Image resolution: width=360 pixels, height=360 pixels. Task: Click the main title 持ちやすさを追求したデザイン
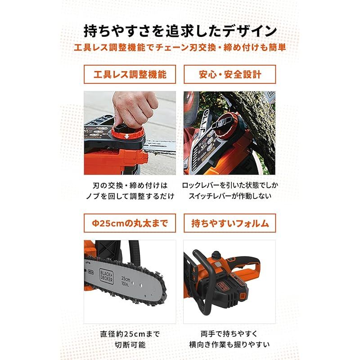pos(180,31)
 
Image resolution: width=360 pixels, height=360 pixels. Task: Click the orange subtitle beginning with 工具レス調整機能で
pos(180,47)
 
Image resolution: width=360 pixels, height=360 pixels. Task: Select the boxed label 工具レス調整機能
pos(130,74)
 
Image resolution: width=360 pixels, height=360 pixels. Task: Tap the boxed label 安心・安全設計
pos(229,74)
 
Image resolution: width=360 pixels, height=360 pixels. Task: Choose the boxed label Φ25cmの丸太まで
pos(130,222)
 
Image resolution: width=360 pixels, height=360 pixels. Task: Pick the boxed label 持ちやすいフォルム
pos(229,222)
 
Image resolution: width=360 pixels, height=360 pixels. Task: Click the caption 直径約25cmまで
pos(130,334)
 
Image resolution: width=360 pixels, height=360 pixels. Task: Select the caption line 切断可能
pos(130,346)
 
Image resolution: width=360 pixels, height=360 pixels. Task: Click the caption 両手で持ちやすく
pos(229,334)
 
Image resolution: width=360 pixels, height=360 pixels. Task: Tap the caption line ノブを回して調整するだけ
pos(130,197)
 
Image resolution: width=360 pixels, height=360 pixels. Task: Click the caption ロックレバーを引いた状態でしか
pos(229,185)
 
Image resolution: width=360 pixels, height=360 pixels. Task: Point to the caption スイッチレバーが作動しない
pos(229,197)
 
